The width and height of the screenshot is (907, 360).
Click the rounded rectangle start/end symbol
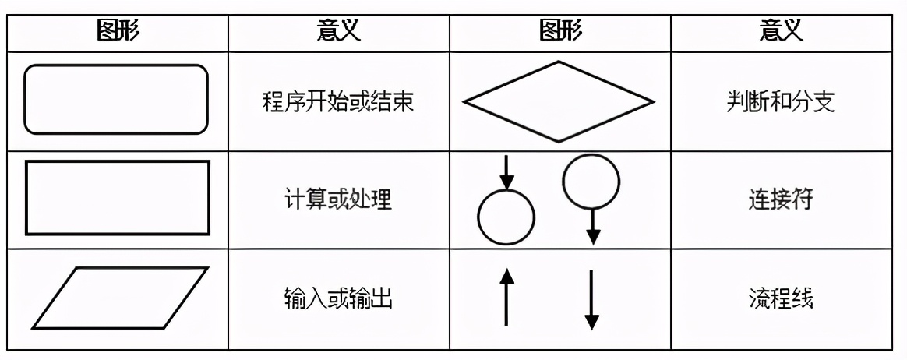click(x=117, y=100)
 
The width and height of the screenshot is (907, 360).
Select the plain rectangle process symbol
click(x=118, y=197)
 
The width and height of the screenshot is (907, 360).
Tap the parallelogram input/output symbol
click(x=120, y=298)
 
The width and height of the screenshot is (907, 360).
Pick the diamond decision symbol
click(x=558, y=101)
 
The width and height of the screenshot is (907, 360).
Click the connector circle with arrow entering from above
click(x=506, y=217)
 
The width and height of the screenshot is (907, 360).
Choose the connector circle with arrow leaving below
click(x=591, y=182)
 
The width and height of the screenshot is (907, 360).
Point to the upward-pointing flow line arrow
click(x=506, y=297)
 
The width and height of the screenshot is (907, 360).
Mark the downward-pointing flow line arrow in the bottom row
click(x=591, y=299)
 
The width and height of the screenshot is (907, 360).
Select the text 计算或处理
click(x=338, y=199)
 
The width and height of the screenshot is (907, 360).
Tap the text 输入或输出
click(x=338, y=298)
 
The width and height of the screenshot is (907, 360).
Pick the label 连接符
click(x=780, y=199)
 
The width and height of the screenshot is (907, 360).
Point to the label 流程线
click(x=780, y=298)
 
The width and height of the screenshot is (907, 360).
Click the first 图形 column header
click(x=118, y=31)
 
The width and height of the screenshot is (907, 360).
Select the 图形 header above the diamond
click(x=559, y=31)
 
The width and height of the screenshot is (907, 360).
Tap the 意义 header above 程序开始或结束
click(x=338, y=31)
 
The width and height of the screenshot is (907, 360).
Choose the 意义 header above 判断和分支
click(x=780, y=31)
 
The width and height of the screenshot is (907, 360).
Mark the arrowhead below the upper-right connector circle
click(x=593, y=236)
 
